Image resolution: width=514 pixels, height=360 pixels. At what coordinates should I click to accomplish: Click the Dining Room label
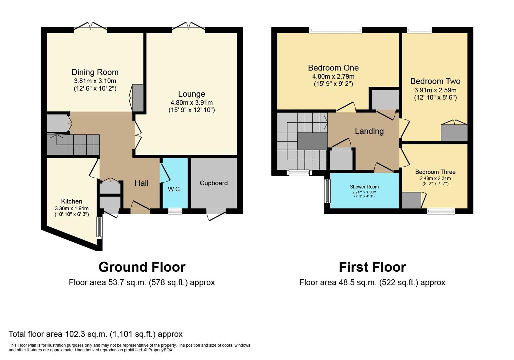95,72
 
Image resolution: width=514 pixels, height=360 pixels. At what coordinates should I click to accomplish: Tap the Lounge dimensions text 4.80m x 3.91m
191,103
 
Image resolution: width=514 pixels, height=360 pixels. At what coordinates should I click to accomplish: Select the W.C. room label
174,189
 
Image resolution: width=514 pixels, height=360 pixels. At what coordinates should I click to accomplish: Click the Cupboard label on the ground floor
214,183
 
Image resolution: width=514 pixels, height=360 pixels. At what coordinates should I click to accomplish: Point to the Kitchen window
99,227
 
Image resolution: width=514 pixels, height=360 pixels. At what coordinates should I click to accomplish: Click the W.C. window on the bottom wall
175,211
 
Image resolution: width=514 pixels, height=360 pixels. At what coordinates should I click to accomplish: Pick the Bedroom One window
335,30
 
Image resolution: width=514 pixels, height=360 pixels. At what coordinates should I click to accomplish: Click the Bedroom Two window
419,30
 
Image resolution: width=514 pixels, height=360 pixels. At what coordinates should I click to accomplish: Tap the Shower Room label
364,187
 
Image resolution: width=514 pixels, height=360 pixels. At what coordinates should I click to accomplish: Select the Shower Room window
327,191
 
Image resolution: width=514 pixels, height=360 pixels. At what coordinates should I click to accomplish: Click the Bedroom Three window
441,211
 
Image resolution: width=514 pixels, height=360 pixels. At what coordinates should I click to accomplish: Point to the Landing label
369,131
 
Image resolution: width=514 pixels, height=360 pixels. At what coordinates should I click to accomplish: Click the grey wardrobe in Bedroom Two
454,133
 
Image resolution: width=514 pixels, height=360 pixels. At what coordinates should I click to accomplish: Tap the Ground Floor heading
142,267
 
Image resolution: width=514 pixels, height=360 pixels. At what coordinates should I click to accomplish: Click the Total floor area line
96,334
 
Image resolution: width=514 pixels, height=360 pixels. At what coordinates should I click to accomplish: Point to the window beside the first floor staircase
299,173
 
